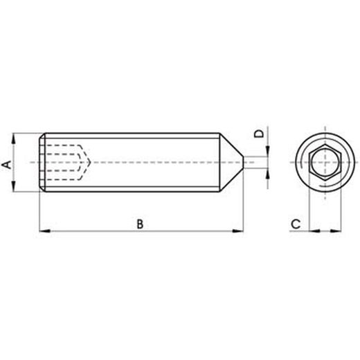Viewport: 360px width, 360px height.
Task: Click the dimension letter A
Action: (x=6, y=165)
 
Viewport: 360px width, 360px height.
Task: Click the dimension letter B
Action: (x=140, y=224)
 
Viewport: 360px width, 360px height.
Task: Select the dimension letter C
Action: (x=296, y=224)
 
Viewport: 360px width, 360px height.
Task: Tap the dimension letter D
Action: (x=258, y=134)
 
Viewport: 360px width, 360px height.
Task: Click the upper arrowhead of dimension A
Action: (x=13, y=138)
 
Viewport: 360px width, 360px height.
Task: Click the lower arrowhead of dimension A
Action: (x=13, y=186)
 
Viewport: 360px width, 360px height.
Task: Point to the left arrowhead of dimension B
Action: (x=45, y=231)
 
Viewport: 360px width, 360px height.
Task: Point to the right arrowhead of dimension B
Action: (x=238, y=231)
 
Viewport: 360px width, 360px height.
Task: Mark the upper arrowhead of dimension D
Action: (x=267, y=151)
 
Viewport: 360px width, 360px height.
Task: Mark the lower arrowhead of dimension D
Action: (x=267, y=174)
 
